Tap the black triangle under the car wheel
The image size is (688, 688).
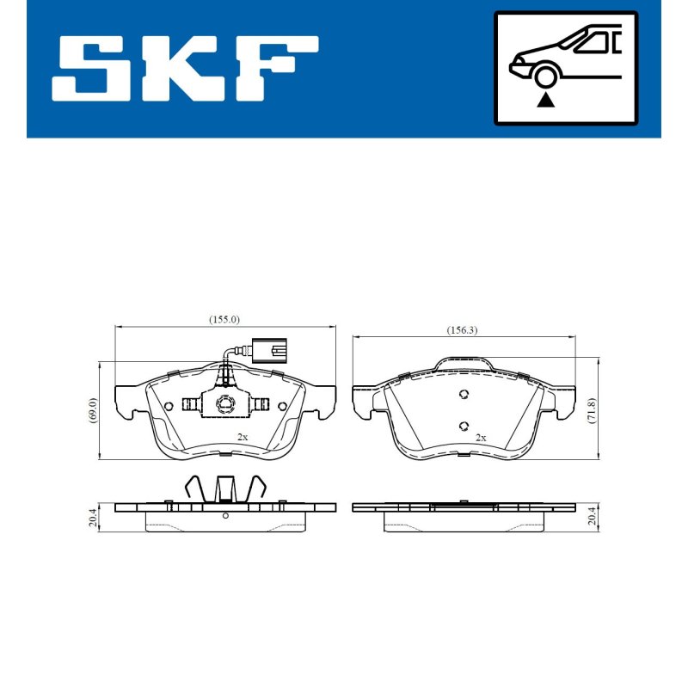(545, 100)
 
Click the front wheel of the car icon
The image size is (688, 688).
(545, 77)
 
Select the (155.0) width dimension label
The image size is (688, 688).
(224, 319)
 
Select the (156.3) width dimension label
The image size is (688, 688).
(462, 330)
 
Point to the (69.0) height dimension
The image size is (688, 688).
(92, 410)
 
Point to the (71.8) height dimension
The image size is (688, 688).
(592, 410)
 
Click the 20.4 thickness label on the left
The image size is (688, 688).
(92, 517)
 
